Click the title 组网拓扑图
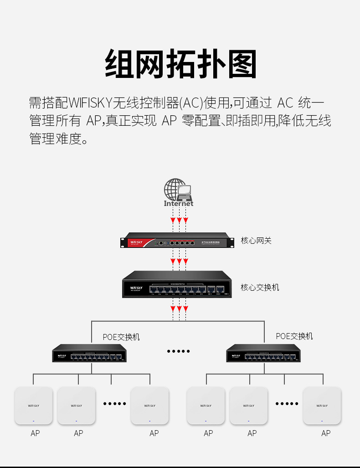(x=180, y=64)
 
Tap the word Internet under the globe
(x=179, y=204)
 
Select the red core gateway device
(x=174, y=242)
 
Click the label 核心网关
(x=256, y=240)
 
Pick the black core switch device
(x=177, y=284)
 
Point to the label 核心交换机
(x=260, y=287)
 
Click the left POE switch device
(x=89, y=353)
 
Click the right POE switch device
(x=263, y=353)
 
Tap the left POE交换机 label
(x=121, y=337)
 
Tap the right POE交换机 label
(x=294, y=336)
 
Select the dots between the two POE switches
(x=178, y=351)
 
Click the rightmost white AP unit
(x=322, y=406)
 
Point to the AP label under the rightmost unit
(x=326, y=433)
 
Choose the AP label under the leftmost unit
(x=35, y=433)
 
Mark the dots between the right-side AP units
(x=287, y=404)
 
